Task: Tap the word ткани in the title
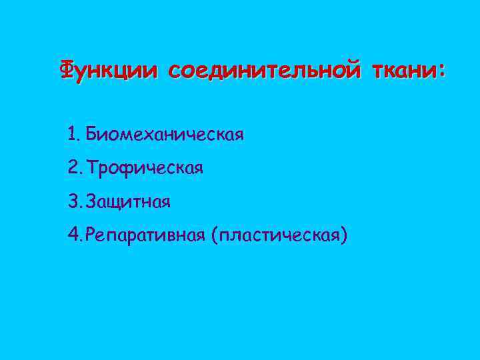[x=404, y=69]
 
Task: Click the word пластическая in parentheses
[x=279, y=235]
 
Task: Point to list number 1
[x=72, y=135]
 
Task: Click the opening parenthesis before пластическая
[x=214, y=235]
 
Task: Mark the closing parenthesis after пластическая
[x=344, y=235]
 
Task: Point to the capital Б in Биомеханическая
[x=91, y=135]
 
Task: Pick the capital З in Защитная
[x=91, y=201]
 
